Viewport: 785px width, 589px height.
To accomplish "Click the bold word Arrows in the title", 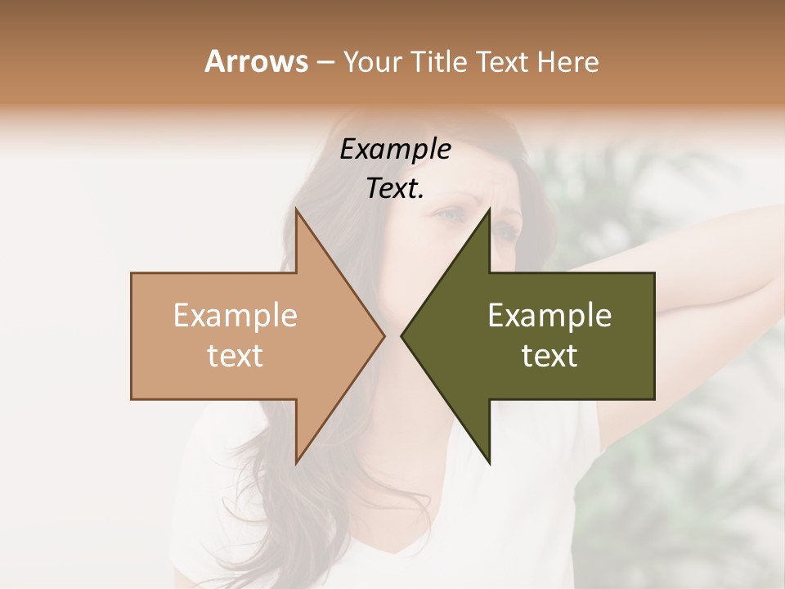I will tap(256, 61).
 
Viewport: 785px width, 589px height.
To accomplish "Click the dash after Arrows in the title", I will tap(325, 63).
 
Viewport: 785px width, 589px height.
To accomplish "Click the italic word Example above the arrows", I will tap(395, 150).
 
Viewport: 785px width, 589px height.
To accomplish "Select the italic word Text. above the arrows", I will tap(395, 188).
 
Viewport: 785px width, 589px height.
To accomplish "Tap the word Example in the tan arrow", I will tap(235, 316).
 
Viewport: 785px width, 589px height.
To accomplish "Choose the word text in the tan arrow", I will tap(235, 356).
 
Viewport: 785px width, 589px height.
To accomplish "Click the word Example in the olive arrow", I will tap(549, 316).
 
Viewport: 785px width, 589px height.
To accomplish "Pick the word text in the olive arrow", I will tap(549, 356).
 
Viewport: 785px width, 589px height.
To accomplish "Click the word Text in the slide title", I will tap(501, 62).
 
